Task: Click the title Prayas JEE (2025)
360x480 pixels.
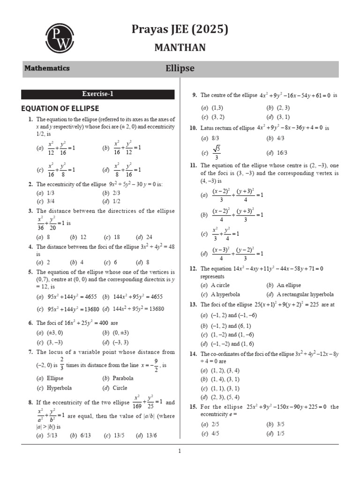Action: (x=180, y=30)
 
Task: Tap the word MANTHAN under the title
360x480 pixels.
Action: (x=180, y=47)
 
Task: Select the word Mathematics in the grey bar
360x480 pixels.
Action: (x=47, y=68)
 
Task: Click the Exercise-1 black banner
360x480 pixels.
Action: (x=98, y=94)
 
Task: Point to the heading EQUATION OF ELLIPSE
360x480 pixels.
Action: (x=60, y=108)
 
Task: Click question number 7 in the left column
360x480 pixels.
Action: (x=30, y=352)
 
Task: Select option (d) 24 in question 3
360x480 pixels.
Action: (x=144, y=237)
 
